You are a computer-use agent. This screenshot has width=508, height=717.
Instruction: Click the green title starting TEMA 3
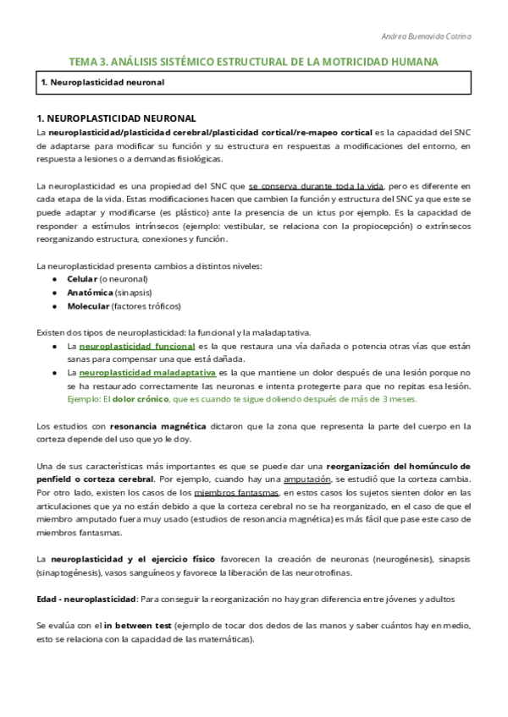coord(253,63)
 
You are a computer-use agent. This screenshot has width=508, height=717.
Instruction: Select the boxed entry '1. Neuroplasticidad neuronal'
coord(102,83)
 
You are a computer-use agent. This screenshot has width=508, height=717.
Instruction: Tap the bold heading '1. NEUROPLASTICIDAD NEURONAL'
coord(117,118)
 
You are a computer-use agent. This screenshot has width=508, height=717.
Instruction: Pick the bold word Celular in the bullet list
coord(82,279)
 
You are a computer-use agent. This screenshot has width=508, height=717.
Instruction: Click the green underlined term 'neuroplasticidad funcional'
coord(136,347)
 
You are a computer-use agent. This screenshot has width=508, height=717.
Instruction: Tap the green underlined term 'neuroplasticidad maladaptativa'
coord(147,373)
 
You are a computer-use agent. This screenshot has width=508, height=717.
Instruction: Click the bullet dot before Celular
coord(54,279)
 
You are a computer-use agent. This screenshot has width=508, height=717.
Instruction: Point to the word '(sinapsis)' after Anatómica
coord(135,293)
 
